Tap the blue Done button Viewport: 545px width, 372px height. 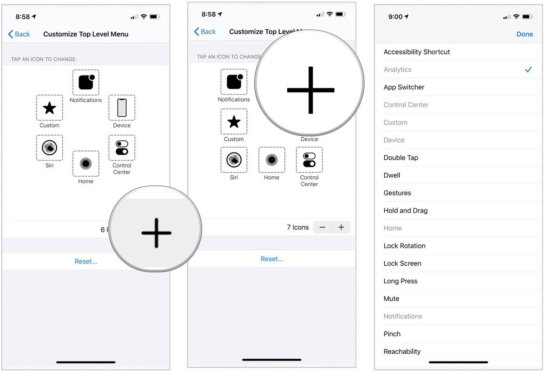click(525, 34)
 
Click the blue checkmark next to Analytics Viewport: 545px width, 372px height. click(528, 69)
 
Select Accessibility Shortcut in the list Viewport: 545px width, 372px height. click(416, 52)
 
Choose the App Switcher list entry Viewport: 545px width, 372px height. click(404, 87)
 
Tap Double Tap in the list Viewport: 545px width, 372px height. click(401, 158)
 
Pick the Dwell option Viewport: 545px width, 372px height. click(391, 175)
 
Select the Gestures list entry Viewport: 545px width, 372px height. click(397, 193)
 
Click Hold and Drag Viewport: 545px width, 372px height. click(405, 211)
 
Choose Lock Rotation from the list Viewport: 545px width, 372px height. click(404, 246)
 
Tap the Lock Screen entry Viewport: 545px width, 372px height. click(402, 263)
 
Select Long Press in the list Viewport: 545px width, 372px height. click(400, 281)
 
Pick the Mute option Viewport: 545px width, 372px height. click(391, 299)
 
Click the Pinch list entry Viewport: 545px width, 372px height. click(392, 334)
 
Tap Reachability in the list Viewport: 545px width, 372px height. click(402, 352)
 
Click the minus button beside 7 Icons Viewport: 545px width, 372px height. click(322, 227)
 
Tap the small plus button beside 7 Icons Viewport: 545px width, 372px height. click(341, 227)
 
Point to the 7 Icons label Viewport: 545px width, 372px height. click(297, 227)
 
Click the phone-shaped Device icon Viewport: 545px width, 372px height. click(122, 108)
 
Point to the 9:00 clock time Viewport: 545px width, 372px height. click(395, 17)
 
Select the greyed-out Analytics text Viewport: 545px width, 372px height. click(397, 69)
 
